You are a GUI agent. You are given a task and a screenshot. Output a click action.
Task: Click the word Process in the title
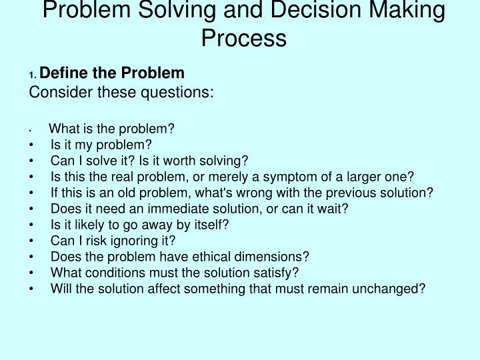(244, 38)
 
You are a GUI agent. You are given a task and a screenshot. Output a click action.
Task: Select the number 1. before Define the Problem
(34, 75)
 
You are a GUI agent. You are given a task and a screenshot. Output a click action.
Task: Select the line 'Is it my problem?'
(101, 145)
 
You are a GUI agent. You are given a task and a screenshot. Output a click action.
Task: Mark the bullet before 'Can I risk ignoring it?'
(32, 241)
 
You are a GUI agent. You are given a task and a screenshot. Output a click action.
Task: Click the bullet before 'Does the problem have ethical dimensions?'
(32, 257)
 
